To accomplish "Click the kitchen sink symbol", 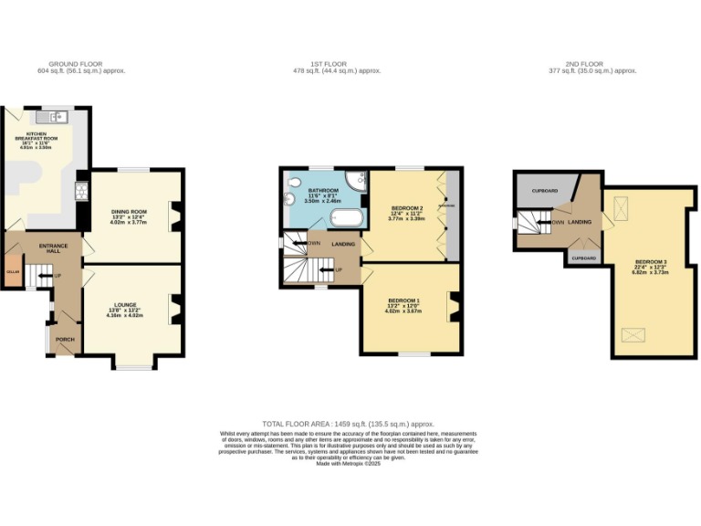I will (53, 116).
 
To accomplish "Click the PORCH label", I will (65, 339).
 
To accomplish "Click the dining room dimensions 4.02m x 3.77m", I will (129, 221).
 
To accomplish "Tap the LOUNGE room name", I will (126, 304).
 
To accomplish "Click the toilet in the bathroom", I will (289, 197).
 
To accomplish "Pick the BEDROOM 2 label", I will (403, 207).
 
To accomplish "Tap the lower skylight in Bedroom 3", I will (631, 335).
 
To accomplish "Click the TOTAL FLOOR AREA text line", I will (349, 425).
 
